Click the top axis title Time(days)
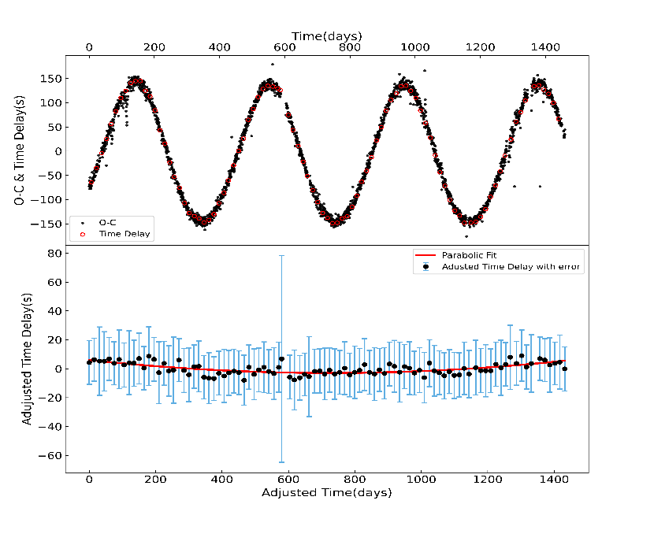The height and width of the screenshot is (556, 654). click(x=326, y=36)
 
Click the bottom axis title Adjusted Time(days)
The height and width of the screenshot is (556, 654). click(x=326, y=493)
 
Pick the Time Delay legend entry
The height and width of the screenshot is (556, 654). click(x=124, y=234)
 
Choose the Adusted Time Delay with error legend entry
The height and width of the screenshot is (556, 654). click(x=511, y=266)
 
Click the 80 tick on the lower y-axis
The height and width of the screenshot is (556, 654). click(x=54, y=254)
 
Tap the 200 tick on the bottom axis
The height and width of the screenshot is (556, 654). click(x=155, y=480)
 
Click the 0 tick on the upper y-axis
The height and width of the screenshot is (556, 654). click(x=58, y=151)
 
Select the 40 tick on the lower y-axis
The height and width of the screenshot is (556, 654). click(x=54, y=311)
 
